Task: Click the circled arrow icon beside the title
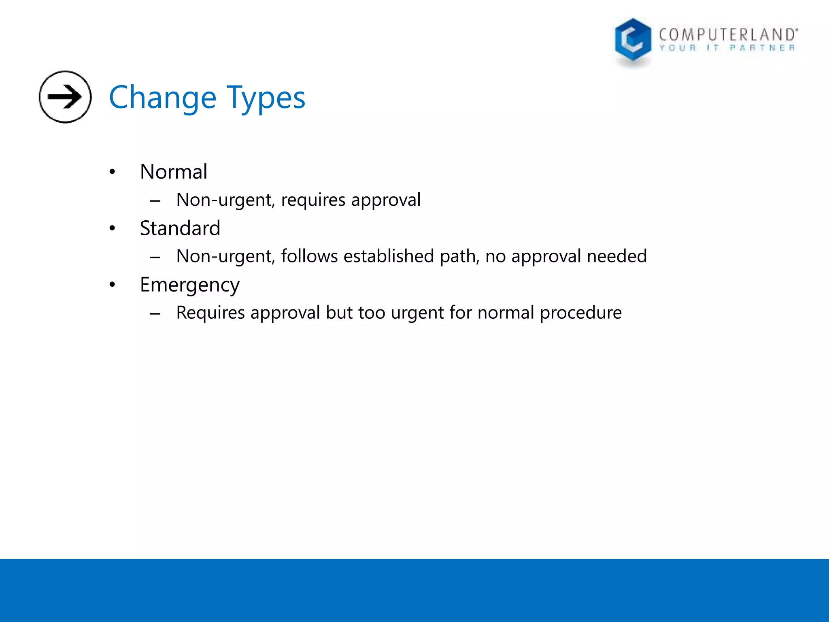(65, 97)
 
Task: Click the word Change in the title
(163, 98)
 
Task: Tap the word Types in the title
(266, 98)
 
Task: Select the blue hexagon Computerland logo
(633, 40)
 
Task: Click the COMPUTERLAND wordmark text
(728, 34)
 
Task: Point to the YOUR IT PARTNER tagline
(727, 48)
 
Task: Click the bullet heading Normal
(174, 172)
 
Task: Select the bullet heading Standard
(180, 228)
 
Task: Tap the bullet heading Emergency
(189, 285)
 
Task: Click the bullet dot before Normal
(112, 172)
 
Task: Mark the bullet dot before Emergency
(112, 285)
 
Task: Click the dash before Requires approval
(155, 313)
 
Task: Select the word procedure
(580, 313)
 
